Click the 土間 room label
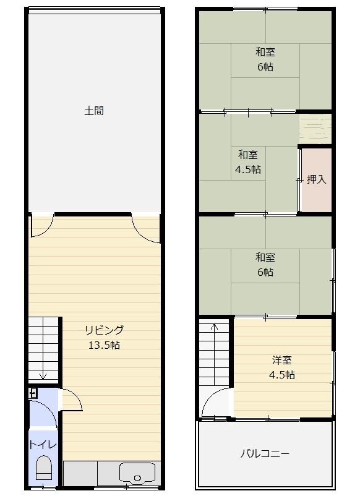click(x=94, y=111)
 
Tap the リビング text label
click(x=104, y=330)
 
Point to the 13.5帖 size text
click(x=104, y=345)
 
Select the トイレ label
click(x=43, y=445)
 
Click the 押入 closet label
click(x=316, y=179)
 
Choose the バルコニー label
click(x=265, y=454)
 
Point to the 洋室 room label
click(x=282, y=360)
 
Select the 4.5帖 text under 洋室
click(x=282, y=375)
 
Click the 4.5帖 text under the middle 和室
click(x=248, y=169)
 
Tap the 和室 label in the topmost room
click(x=265, y=52)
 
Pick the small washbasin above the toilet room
click(x=33, y=393)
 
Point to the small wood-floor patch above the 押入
click(x=315, y=129)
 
